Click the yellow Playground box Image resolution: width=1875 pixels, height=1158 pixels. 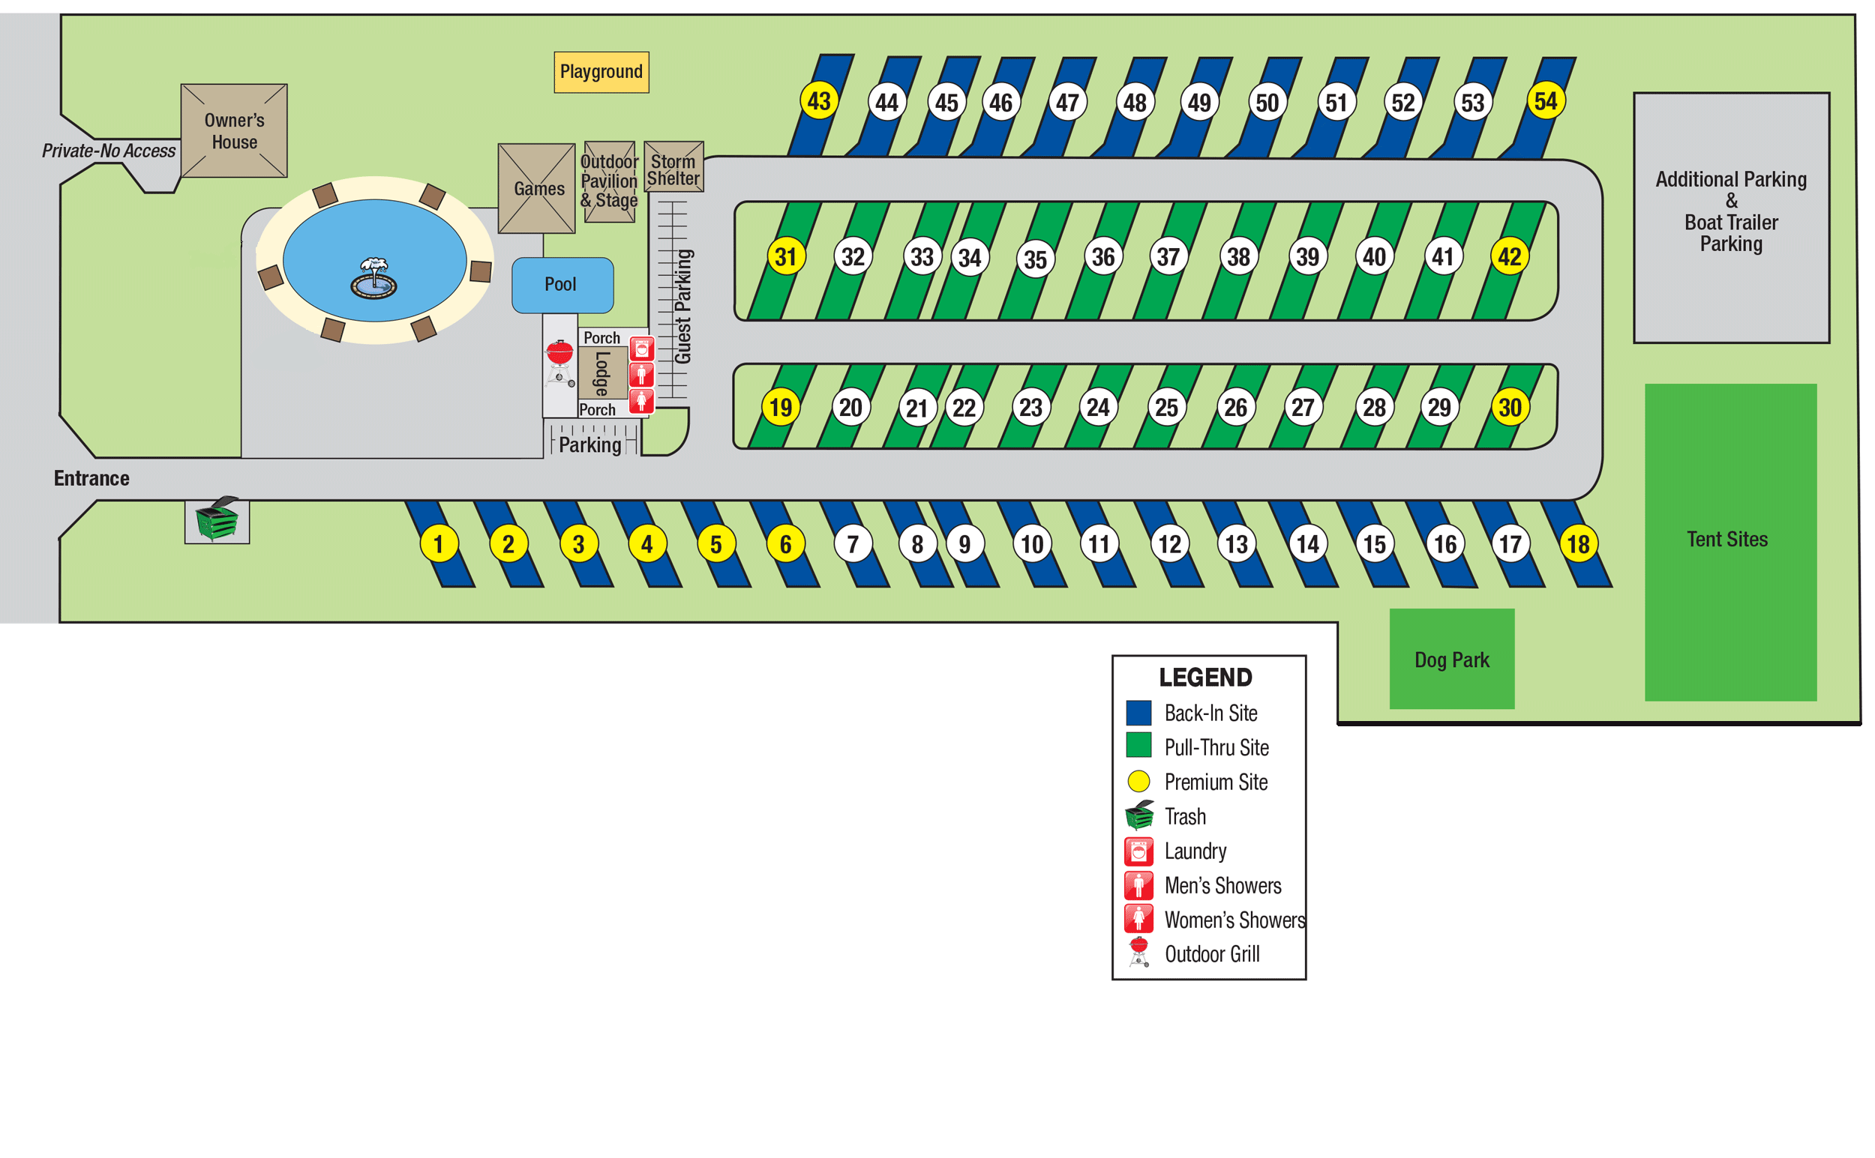pyautogui.click(x=601, y=72)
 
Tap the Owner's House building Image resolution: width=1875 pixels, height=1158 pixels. pyautogui.click(x=234, y=131)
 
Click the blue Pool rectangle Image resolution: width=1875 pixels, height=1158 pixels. pyautogui.click(x=562, y=285)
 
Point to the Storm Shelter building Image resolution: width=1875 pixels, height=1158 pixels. pyautogui.click(x=673, y=167)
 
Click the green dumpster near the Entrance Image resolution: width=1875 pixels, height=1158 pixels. pyautogui.click(x=217, y=520)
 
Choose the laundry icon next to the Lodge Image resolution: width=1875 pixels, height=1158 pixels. pyautogui.click(x=641, y=349)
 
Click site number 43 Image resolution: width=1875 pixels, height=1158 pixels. pyautogui.click(x=818, y=101)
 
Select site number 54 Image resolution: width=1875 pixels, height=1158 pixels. pyautogui.click(x=1546, y=101)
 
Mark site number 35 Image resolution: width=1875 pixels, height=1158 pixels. pyautogui.click(x=1035, y=259)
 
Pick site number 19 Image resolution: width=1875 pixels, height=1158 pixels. pyautogui.click(x=781, y=408)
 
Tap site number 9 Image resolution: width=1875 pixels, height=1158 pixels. pyautogui.click(x=964, y=545)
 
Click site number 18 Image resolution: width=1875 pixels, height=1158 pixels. pyautogui.click(x=1579, y=545)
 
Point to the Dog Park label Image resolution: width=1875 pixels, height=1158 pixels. pyautogui.click(x=1451, y=660)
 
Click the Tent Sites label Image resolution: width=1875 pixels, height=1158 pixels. pyautogui.click(x=1727, y=539)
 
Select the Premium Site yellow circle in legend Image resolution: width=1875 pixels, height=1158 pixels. pyautogui.click(x=1138, y=781)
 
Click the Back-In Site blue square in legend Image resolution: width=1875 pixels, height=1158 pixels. pyautogui.click(x=1138, y=713)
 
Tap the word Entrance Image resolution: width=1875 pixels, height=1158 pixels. pyautogui.click(x=91, y=479)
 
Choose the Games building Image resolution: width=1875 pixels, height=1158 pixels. pyautogui.click(x=538, y=188)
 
